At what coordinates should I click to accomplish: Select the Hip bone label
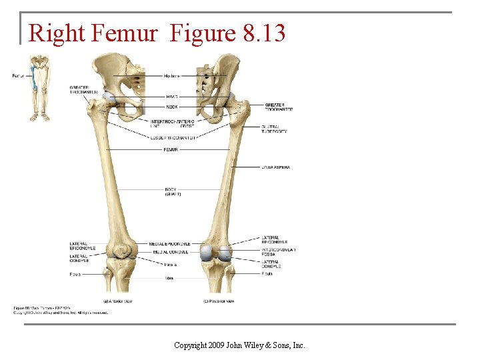point(171,76)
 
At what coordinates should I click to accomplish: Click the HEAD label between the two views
point(171,97)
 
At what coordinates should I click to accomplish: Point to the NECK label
point(171,107)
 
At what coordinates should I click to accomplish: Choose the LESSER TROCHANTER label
point(173,137)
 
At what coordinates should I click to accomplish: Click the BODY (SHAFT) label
point(173,191)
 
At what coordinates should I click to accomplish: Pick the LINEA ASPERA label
point(276,167)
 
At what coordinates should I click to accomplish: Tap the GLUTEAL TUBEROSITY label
point(275,129)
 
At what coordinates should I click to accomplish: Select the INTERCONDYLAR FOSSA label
point(279,252)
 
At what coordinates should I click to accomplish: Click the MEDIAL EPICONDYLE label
point(171,244)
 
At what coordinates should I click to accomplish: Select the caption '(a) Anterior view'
point(118,301)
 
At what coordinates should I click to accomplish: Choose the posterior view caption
point(219,301)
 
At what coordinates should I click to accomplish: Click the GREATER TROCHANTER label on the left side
point(83,90)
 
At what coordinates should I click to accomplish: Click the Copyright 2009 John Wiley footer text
point(239,345)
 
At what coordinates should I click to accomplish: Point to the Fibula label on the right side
point(267,273)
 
